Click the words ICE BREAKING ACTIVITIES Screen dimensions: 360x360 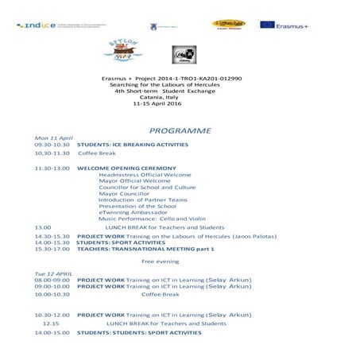[x=149, y=145]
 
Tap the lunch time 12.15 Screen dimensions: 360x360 [x=51, y=323]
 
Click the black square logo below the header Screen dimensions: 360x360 [x=181, y=56]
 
